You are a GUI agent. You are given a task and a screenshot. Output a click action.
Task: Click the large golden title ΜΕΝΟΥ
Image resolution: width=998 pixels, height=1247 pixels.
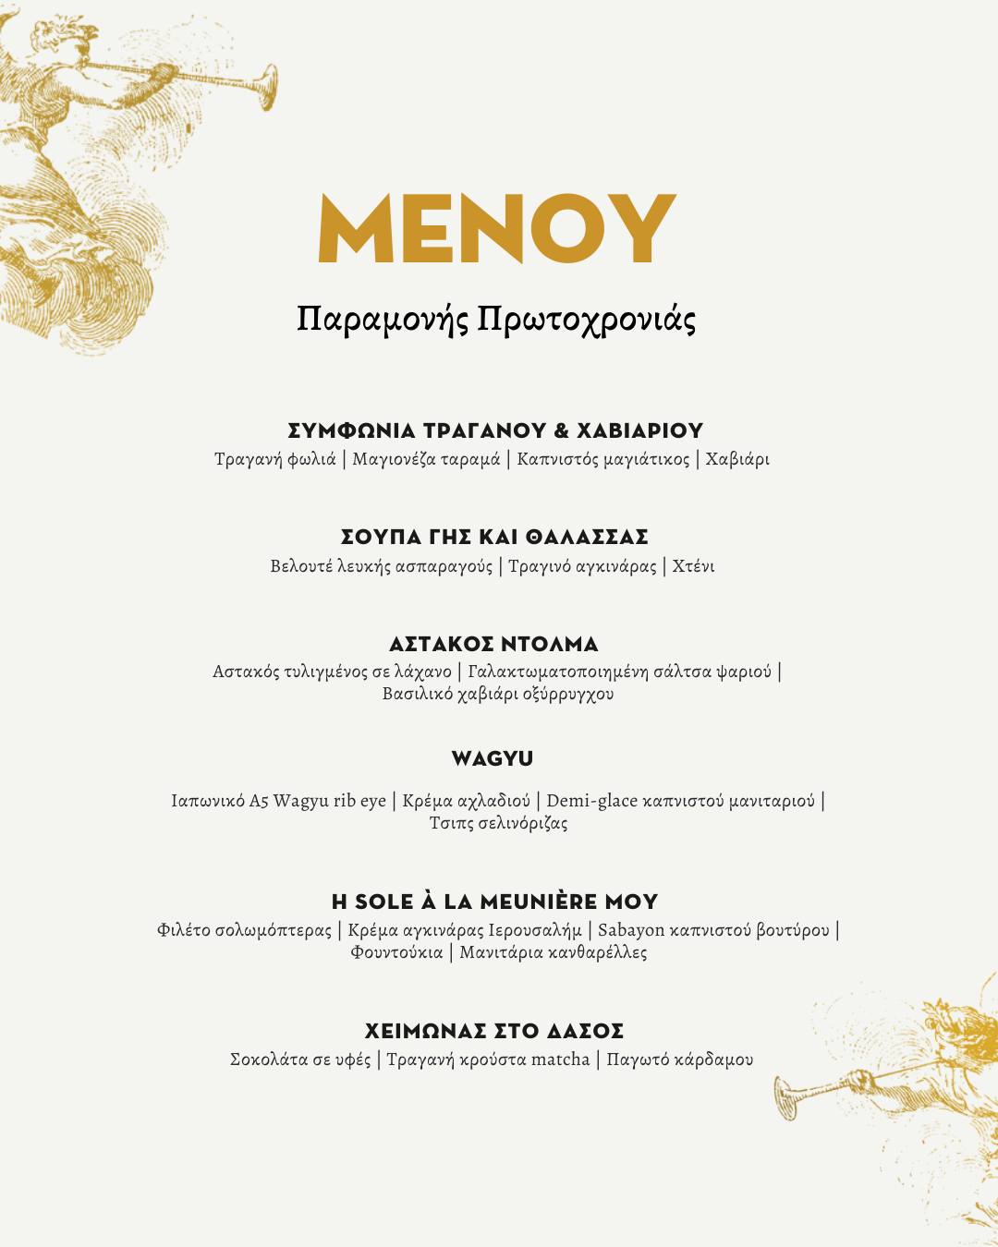(497, 228)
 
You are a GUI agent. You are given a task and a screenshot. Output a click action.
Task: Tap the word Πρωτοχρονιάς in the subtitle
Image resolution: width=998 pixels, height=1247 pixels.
(586, 320)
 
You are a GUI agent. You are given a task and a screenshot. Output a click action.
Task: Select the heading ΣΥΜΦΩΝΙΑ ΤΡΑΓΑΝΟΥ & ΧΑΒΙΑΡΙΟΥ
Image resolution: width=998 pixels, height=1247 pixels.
(496, 430)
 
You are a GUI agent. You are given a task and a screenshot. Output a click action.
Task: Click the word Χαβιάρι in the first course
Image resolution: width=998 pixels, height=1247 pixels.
(737, 459)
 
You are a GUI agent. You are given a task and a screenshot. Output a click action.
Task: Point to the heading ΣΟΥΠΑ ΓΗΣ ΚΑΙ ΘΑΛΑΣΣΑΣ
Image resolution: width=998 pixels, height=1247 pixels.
(494, 537)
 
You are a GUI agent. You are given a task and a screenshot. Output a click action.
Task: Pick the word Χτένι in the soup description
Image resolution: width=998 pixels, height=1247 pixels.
(693, 566)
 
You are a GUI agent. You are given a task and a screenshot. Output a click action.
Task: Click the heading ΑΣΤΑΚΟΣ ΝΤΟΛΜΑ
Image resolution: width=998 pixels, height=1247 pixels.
(493, 644)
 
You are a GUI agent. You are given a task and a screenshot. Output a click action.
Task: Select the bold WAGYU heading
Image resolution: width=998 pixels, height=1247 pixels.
(493, 758)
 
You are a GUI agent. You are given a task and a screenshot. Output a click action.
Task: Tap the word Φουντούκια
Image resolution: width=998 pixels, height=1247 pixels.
(396, 952)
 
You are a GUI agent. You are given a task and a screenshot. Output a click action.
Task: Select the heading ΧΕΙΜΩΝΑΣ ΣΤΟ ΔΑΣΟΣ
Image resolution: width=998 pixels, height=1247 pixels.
(494, 1031)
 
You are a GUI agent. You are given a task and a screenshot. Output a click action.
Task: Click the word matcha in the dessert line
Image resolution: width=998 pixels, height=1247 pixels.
(560, 1059)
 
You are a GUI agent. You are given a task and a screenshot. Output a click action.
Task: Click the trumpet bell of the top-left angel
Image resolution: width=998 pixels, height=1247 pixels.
(265, 88)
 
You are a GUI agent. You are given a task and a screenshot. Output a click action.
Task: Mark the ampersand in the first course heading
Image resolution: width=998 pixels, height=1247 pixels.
(561, 430)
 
